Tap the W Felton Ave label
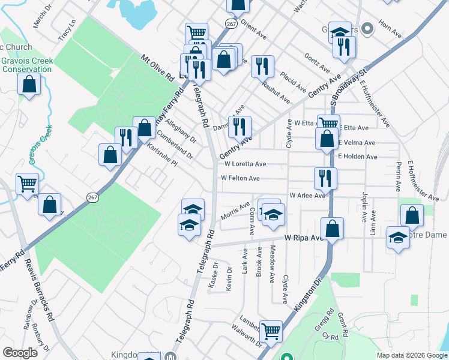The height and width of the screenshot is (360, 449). point(240,178)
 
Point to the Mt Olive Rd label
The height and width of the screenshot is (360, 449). point(157,68)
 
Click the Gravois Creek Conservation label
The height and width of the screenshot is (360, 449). point(26,65)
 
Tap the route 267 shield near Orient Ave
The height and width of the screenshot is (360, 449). point(231,23)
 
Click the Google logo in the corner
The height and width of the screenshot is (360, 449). point(20,353)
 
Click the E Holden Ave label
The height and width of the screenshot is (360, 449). point(358,157)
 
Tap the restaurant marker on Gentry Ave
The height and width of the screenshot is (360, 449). point(240,126)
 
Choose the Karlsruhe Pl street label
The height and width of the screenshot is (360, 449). point(163,154)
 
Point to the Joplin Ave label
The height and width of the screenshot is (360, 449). point(364,206)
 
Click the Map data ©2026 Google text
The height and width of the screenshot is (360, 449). point(412,355)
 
